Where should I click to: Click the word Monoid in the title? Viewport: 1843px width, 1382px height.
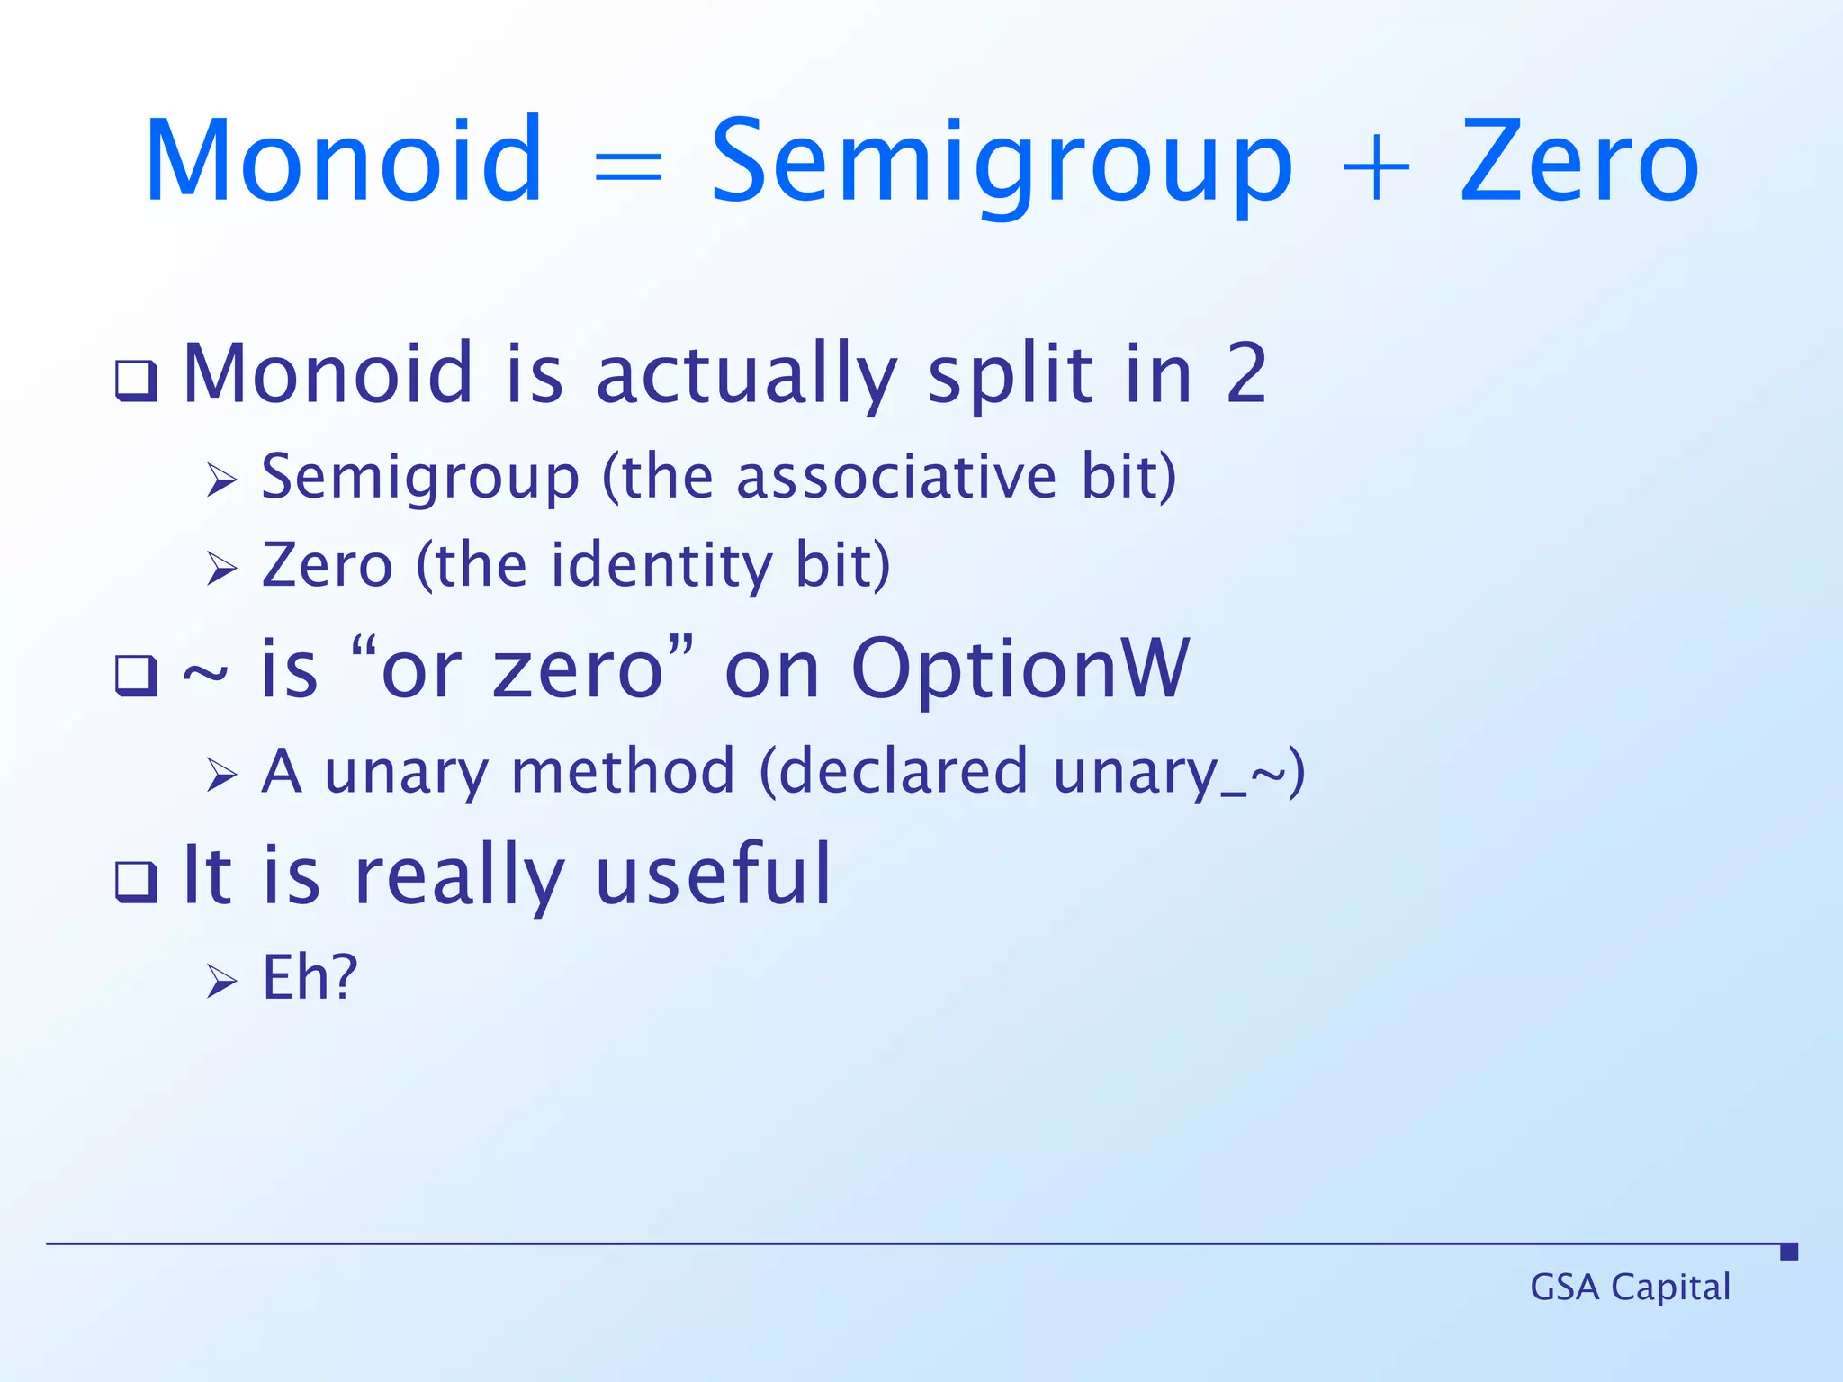344,162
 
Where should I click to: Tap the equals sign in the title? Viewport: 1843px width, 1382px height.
628,167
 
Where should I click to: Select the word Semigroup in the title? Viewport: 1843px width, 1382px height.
1001,166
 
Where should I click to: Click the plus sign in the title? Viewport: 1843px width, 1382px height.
1374,167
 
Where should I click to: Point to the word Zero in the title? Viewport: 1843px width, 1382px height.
1578,162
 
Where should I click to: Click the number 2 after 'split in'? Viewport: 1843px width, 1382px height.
1246,374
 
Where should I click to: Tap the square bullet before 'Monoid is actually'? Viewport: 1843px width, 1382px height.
137,381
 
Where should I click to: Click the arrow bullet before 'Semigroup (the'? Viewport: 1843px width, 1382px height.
221,480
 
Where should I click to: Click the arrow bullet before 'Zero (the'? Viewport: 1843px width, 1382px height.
221,569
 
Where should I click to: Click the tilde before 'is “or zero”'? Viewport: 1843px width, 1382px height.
205,674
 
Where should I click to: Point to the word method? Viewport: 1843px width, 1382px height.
623,772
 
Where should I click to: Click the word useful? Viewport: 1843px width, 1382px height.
713,875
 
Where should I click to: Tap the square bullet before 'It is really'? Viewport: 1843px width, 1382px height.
137,882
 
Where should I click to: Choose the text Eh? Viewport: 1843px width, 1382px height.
310,977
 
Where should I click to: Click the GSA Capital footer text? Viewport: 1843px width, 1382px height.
1630,1288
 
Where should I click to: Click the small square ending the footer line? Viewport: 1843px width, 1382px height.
1789,1252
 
